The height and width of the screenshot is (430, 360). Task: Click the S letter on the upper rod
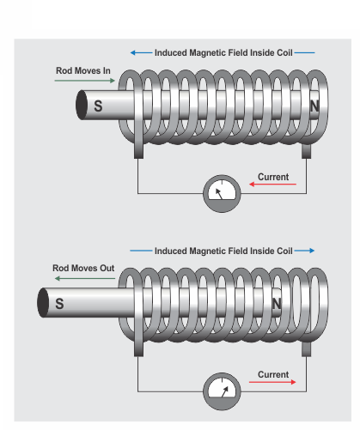pyautogui.click(x=98, y=106)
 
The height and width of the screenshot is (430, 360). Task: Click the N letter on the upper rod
pyautogui.click(x=314, y=106)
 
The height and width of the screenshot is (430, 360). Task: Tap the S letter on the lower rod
pyautogui.click(x=59, y=304)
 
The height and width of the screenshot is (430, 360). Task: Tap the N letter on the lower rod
pyautogui.click(x=277, y=304)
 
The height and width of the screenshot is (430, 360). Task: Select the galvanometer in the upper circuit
pyautogui.click(x=222, y=194)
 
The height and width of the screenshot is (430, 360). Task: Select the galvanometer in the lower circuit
pyautogui.click(x=222, y=391)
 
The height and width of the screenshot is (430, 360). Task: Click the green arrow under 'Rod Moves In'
pyautogui.click(x=85, y=81)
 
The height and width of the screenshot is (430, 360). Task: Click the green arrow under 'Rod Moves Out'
pyautogui.click(x=85, y=278)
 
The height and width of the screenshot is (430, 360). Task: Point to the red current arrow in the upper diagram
pyautogui.click(x=272, y=185)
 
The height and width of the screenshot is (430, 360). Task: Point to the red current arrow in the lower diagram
pyautogui.click(x=272, y=382)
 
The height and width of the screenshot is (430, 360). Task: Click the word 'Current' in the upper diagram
pyautogui.click(x=273, y=177)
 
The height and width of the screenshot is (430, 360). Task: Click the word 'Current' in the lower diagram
pyautogui.click(x=273, y=374)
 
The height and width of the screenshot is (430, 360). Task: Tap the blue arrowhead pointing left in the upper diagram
pyautogui.click(x=133, y=52)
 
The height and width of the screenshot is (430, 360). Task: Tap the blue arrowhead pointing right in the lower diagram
pyautogui.click(x=312, y=251)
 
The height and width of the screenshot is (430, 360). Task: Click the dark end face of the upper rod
pyautogui.click(x=82, y=105)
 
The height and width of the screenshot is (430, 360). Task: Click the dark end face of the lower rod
pyautogui.click(x=43, y=303)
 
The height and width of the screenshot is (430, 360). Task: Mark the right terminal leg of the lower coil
pyautogui.click(x=307, y=349)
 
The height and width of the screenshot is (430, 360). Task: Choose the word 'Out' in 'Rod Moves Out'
pyautogui.click(x=107, y=268)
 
